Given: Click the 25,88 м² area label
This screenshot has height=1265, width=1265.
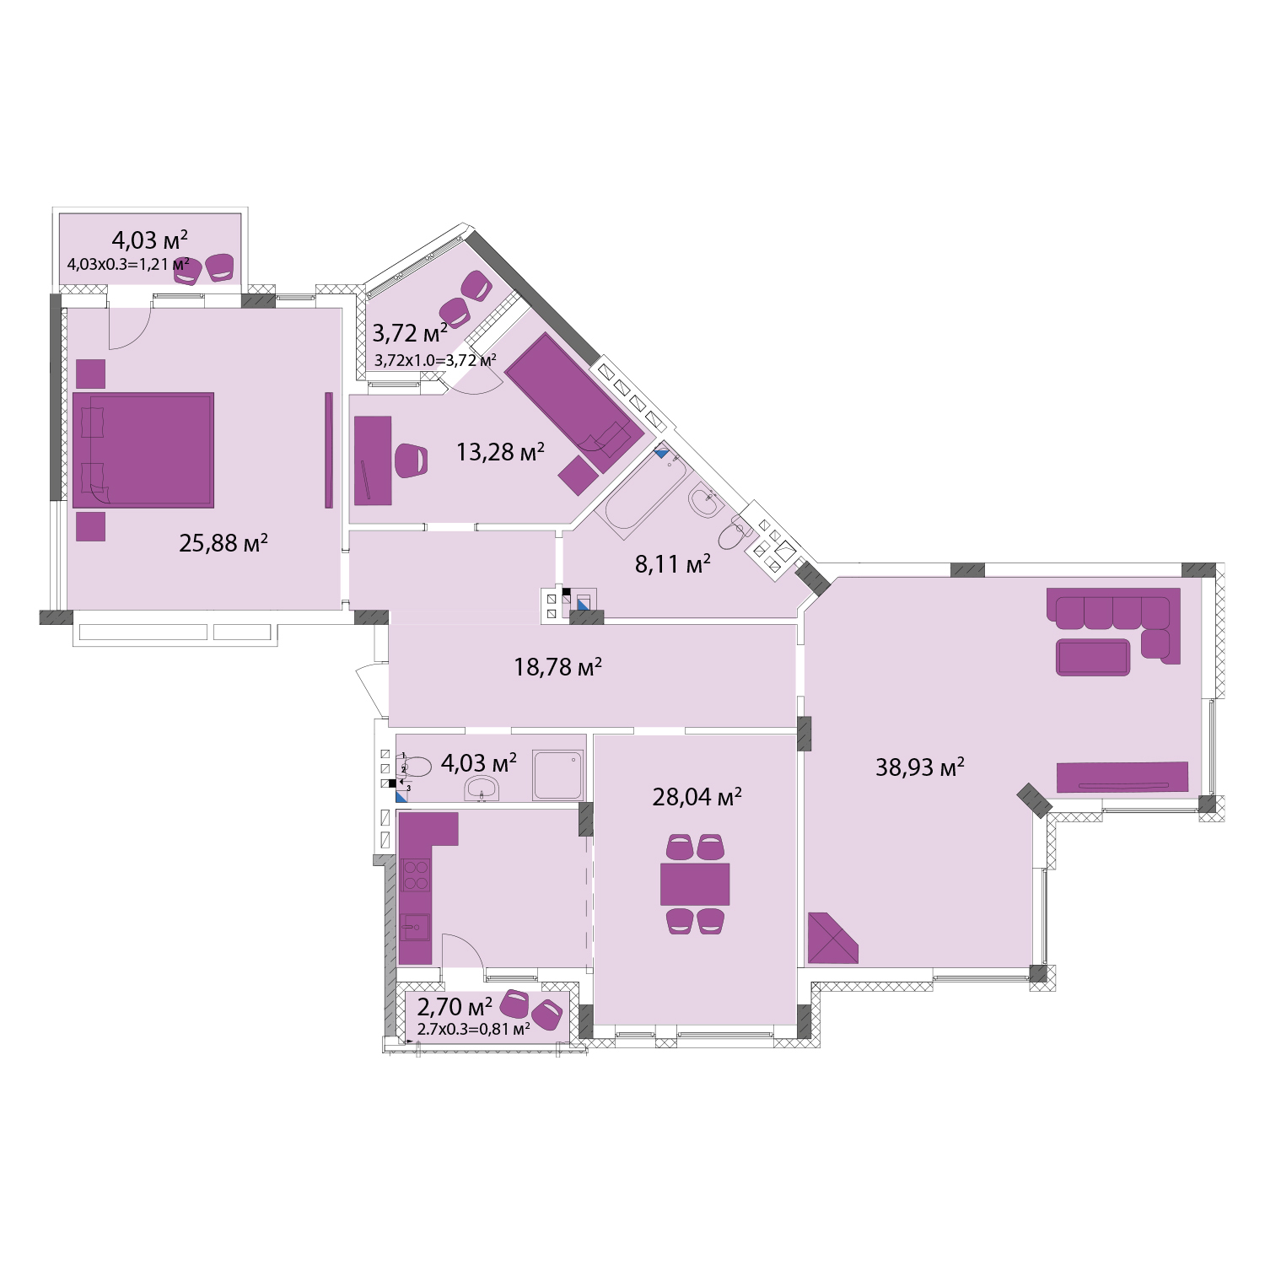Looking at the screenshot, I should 223,543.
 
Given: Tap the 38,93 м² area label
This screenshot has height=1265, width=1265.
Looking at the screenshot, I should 919,767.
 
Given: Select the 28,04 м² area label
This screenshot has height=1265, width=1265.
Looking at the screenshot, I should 697,797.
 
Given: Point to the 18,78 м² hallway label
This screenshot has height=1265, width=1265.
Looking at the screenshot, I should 557,668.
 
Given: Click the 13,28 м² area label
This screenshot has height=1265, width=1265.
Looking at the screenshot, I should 500,453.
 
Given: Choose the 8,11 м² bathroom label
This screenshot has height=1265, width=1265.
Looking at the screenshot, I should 672,564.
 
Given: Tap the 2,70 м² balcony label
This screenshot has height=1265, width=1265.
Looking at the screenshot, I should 455,1006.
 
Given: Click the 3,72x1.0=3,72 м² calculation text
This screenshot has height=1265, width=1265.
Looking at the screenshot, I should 435,360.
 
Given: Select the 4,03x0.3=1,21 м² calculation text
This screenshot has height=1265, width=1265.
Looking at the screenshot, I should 128,264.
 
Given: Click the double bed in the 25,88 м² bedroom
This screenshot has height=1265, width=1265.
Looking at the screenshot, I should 143,450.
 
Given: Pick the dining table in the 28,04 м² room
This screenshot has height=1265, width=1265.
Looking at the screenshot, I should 695,884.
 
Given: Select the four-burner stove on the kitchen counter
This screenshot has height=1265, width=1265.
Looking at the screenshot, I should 416,875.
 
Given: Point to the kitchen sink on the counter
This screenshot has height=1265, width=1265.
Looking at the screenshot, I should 415,928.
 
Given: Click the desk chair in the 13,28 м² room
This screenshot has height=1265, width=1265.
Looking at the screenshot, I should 411,460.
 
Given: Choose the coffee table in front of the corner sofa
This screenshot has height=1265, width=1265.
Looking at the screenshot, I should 1093,658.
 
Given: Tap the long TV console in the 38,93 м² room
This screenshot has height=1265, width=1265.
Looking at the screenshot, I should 1122,777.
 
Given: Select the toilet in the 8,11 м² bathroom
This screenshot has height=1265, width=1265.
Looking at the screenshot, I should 735,533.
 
